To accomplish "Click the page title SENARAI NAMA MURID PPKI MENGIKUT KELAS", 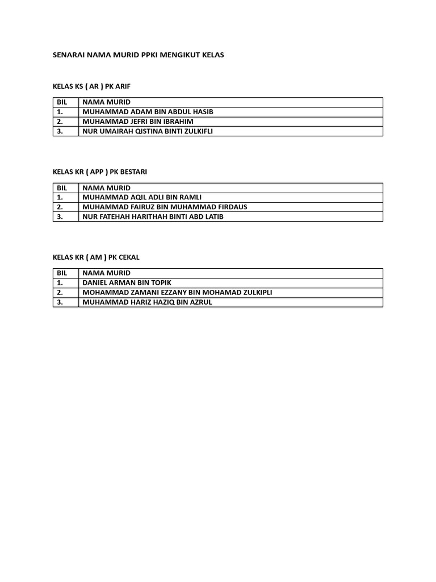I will tap(138, 55).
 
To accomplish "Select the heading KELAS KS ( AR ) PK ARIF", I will tap(91, 86).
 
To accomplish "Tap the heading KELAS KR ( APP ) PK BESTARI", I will tap(99, 172).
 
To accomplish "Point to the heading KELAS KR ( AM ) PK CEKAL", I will tap(96, 257).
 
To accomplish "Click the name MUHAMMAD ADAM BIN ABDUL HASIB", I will tap(148, 112).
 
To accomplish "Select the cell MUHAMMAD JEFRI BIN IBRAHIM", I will tap(138, 122).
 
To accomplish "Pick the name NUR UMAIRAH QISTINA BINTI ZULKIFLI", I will tap(148, 131).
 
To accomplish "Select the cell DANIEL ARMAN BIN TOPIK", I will tap(127, 282).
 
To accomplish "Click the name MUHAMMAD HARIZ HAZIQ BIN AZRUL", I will tap(147, 302).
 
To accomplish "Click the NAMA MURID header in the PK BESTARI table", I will tap(106, 188).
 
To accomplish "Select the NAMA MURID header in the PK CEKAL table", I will tap(106, 273).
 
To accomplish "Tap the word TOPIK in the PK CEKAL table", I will tap(160, 282).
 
